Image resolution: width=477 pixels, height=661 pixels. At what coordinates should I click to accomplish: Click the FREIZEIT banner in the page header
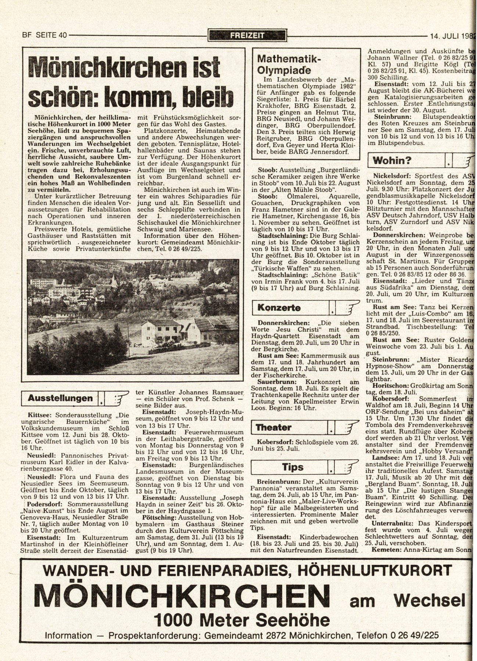click(247, 36)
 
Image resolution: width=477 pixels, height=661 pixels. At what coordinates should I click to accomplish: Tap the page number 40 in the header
click(62, 36)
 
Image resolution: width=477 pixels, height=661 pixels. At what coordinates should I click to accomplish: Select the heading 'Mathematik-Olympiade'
click(289, 64)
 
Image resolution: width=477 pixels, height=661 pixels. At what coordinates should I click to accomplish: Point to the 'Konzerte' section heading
click(279, 308)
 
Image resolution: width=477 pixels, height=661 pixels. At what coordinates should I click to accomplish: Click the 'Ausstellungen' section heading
click(60, 398)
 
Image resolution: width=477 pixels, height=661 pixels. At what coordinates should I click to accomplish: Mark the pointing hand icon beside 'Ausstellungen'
click(116, 398)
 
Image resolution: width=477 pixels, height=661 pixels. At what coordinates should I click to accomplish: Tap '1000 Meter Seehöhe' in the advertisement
click(242, 620)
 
